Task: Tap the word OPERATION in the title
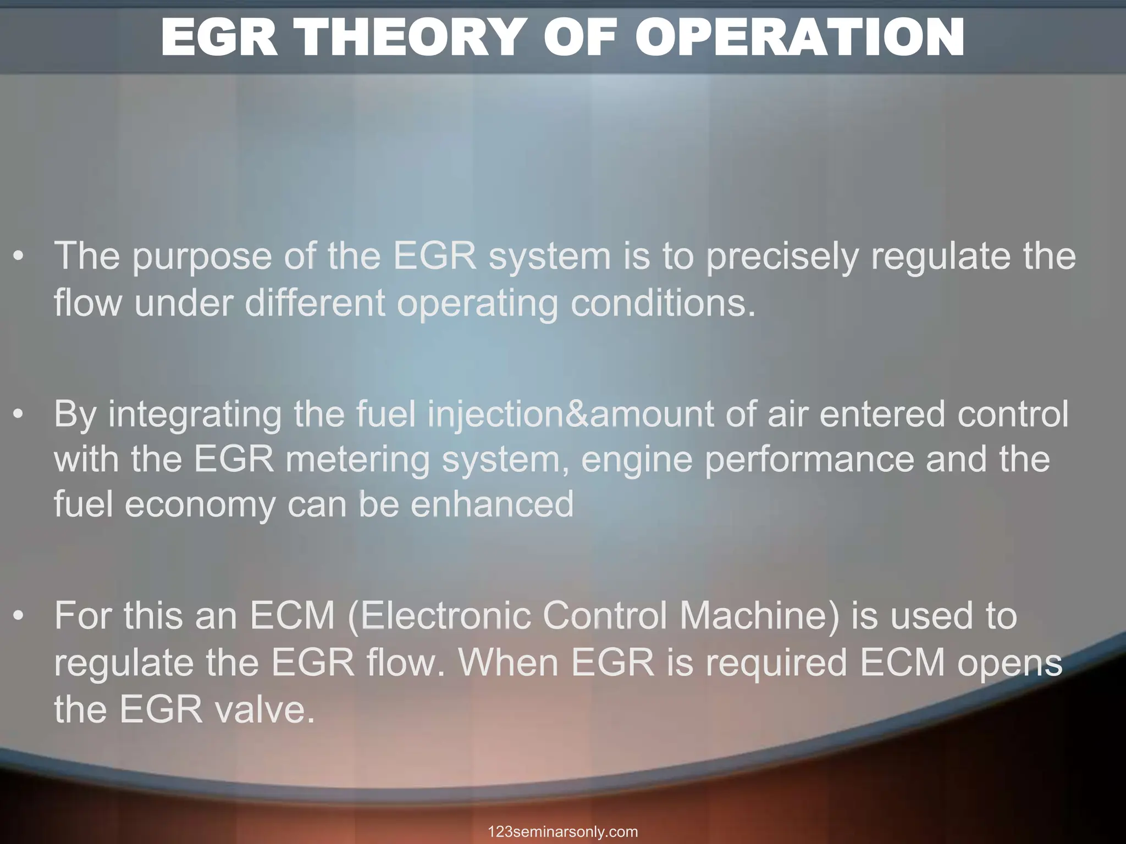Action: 799,37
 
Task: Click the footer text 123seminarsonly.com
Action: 562,831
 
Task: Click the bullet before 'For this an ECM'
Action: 19,616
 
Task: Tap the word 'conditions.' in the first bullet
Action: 663,303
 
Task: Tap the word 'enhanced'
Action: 492,504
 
